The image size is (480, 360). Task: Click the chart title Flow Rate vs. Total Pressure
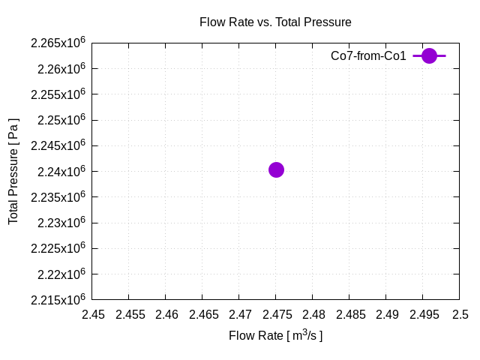tap(275, 22)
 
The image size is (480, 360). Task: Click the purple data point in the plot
tap(276, 169)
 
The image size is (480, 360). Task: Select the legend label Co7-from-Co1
tap(368, 55)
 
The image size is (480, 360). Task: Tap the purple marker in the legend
tap(429, 55)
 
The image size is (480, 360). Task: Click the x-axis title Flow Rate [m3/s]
tap(275, 335)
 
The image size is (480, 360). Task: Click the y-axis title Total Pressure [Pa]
tap(13, 171)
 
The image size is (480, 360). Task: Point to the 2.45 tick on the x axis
tap(93, 314)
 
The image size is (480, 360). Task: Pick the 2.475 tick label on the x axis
tap(276, 314)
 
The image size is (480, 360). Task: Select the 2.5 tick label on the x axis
tap(459, 314)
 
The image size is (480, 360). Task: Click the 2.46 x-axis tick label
tap(166, 314)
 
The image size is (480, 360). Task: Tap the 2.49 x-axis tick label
tap(386, 314)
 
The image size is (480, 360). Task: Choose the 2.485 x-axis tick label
tap(349, 314)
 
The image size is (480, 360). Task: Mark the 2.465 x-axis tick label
tap(203, 314)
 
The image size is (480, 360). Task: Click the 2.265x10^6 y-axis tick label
tap(58, 43)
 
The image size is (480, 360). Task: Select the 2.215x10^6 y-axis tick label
tap(58, 299)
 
